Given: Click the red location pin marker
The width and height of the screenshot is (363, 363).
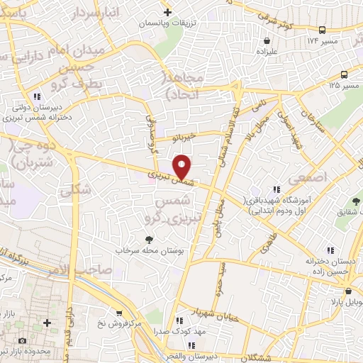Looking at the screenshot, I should pos(183,167).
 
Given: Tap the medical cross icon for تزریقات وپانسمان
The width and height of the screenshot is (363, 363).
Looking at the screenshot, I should pos(167,12).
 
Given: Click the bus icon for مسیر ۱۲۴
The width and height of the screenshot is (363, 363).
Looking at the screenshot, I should pos(323,30).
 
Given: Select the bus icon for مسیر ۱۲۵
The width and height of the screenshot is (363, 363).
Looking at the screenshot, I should pos(344,74).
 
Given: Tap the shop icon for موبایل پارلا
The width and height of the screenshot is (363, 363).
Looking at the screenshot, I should pos(348,291).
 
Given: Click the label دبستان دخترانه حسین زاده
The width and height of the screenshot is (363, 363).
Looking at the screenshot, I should pos(330,266).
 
